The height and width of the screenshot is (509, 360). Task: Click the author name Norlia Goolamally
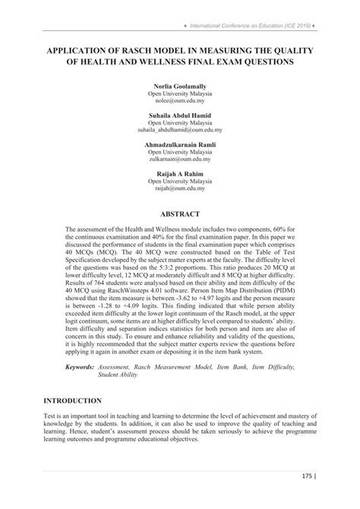point(180,87)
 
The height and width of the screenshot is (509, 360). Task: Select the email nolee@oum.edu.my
point(180,101)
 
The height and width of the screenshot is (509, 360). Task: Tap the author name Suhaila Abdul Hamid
point(180,115)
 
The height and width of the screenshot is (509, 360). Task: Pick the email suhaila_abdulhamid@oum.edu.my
point(180,128)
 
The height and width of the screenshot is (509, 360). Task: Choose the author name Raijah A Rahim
point(180,174)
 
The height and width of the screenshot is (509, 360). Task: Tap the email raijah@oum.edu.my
point(180,188)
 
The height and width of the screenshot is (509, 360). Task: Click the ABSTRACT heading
point(180,213)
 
